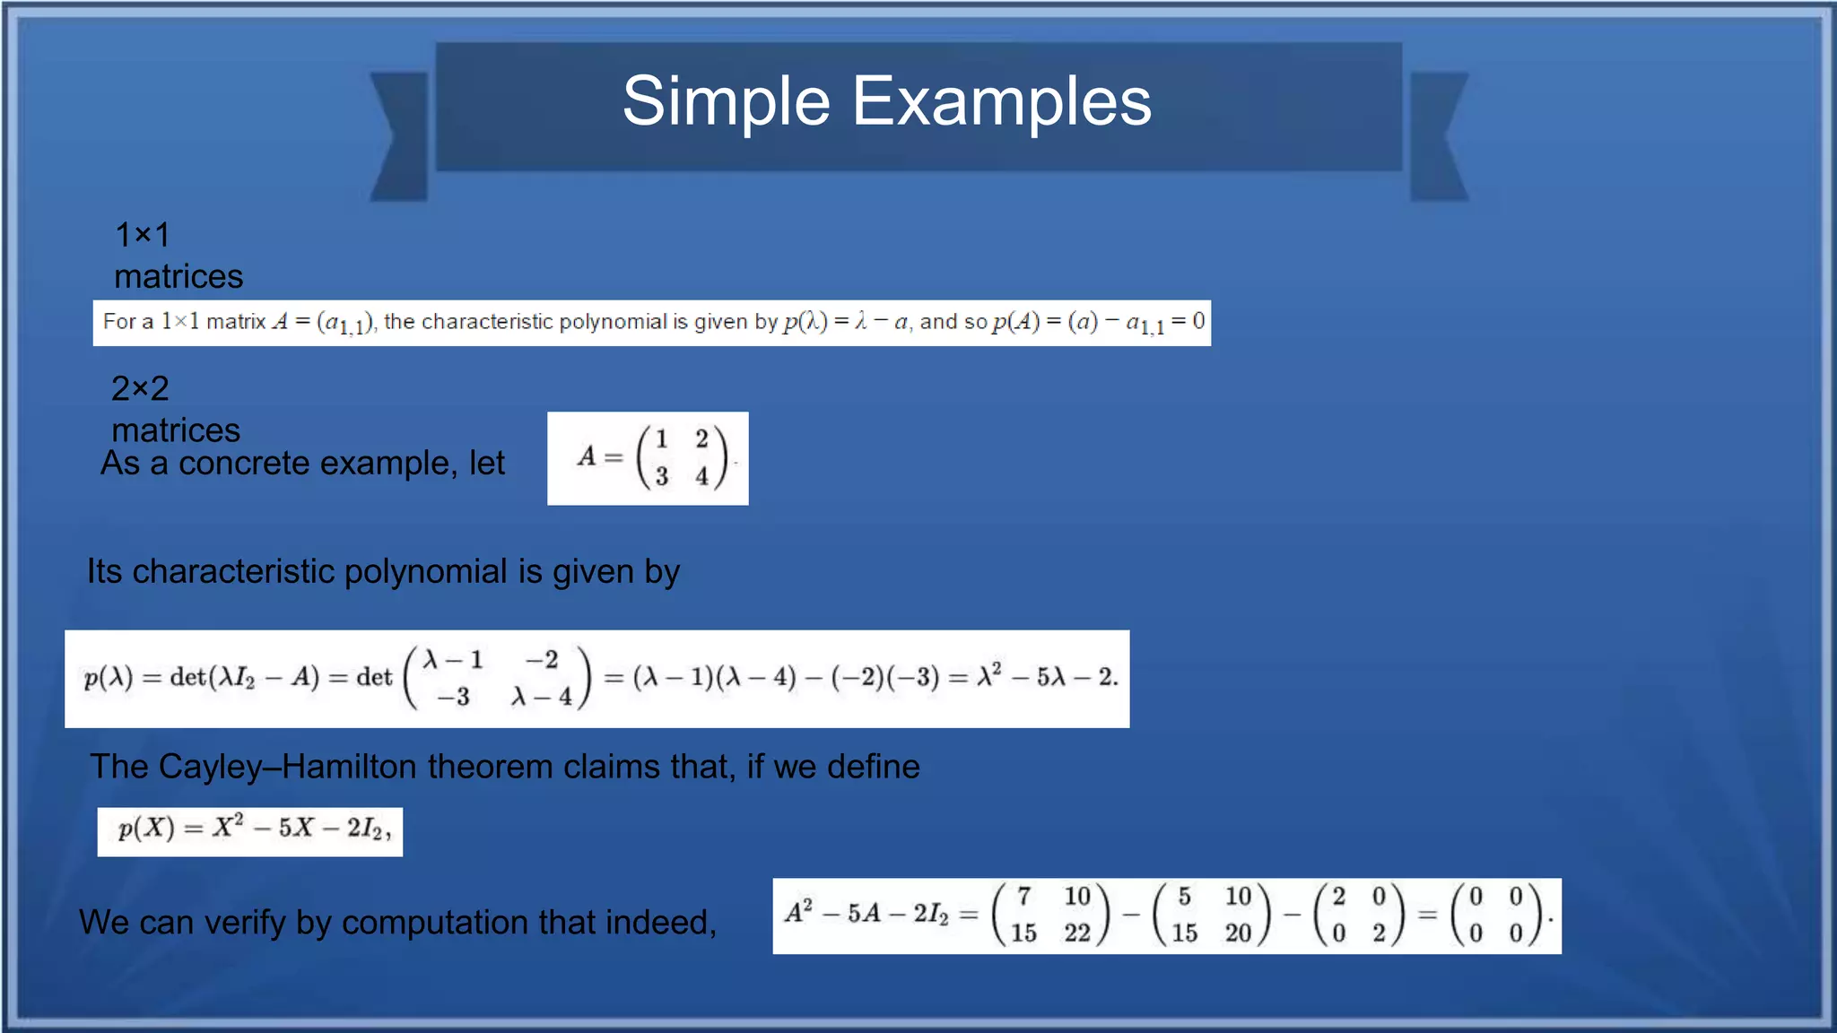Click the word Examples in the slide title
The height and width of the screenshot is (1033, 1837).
click(1001, 101)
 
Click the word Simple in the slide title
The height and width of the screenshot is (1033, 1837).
click(727, 101)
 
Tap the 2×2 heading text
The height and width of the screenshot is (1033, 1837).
click(141, 388)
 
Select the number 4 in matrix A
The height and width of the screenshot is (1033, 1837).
click(701, 477)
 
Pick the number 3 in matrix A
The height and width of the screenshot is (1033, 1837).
click(662, 477)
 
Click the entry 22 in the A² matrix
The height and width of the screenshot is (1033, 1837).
click(1077, 933)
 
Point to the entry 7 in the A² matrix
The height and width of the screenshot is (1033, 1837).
click(1024, 896)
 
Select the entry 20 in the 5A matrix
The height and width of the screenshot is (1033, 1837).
click(1238, 933)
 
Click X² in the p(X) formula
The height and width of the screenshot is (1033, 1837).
click(228, 826)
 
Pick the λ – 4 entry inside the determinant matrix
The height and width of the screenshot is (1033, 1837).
click(542, 697)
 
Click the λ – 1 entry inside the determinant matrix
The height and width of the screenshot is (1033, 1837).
click(453, 660)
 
